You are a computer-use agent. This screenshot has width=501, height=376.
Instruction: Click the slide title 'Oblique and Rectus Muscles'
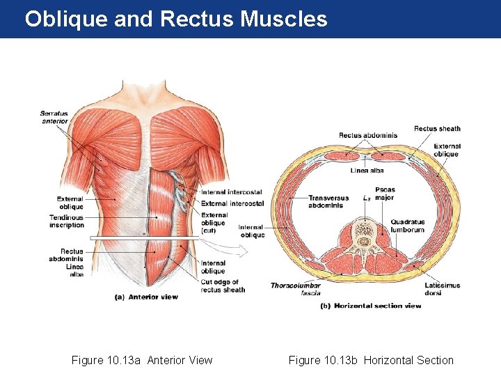coord(175,19)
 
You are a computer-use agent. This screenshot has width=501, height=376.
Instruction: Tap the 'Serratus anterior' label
coord(54,117)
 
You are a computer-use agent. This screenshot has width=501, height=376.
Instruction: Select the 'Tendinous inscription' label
coord(66,221)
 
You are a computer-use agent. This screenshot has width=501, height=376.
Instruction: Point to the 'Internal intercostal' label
coord(232,192)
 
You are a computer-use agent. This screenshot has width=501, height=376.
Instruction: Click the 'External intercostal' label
coord(232,203)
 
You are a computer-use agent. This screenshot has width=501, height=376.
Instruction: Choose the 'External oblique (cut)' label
coord(214,222)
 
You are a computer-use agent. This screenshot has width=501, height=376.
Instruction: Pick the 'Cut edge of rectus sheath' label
coord(223,285)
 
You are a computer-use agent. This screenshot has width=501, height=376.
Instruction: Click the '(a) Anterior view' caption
coord(146,297)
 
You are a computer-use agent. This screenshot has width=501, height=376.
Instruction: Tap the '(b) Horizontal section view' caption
coord(370,306)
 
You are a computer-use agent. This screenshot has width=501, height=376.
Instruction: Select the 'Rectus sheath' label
coord(437,128)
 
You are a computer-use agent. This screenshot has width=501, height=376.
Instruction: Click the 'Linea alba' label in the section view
coord(367,170)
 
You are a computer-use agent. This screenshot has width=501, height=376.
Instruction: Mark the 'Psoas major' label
coord(384,193)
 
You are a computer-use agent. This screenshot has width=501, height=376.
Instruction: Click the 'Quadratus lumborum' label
coord(407,226)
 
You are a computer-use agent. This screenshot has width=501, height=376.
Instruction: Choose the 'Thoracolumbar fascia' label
coord(295,289)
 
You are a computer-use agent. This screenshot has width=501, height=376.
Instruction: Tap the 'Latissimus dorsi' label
coord(442,289)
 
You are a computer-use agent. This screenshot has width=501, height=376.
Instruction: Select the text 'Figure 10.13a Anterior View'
coord(142,360)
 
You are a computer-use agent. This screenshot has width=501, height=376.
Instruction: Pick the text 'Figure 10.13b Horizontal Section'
coord(371,360)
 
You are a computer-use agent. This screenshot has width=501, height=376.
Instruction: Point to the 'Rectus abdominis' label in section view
coord(368,135)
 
